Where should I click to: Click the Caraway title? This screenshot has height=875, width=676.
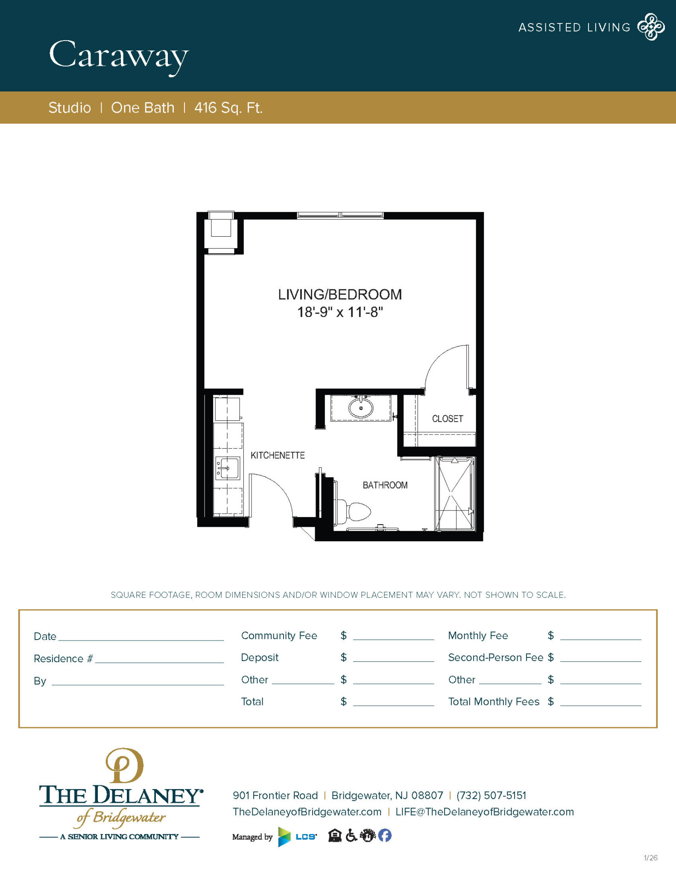[x=118, y=56]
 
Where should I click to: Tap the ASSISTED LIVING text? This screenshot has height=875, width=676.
[x=574, y=28]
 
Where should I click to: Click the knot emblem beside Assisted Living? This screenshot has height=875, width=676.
[x=650, y=27]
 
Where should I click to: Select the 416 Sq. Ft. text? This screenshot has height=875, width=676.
[x=228, y=108]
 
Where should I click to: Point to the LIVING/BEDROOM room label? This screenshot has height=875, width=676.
[x=340, y=294]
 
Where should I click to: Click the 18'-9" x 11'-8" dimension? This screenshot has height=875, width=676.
[x=340, y=312]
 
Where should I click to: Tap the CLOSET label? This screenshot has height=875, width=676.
[x=447, y=419]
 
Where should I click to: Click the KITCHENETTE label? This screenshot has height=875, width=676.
[x=278, y=455]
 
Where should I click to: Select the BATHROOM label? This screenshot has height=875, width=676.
[x=385, y=485]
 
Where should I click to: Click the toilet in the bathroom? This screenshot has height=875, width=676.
[x=354, y=511]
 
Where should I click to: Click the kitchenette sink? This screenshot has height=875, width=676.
[x=227, y=468]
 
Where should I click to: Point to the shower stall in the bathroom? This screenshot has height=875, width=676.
[x=454, y=493]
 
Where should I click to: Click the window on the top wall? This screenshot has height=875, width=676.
[x=340, y=215]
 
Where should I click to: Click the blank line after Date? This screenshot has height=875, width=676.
[x=141, y=636]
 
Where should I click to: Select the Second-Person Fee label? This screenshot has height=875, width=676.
[x=495, y=658]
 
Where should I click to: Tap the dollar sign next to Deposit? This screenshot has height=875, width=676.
[x=343, y=658]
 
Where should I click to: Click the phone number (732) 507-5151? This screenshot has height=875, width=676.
[x=491, y=796]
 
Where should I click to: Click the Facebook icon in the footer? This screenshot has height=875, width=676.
[x=384, y=835]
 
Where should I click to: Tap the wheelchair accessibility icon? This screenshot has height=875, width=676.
[x=351, y=835]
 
